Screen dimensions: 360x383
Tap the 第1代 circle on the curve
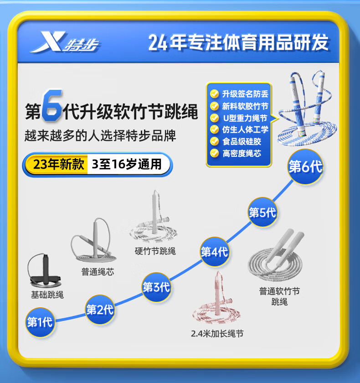[40, 322]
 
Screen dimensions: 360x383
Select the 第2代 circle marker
[99, 311]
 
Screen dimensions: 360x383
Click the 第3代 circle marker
[156, 287]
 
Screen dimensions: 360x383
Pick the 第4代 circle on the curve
[214, 251]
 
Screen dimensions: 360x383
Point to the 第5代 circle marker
[262, 212]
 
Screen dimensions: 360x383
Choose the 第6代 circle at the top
[305, 167]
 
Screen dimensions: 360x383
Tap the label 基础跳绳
[47, 295]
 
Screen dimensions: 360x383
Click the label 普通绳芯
[98, 272]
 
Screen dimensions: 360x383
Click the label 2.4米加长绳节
[217, 334]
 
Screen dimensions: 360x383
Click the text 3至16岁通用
[127, 164]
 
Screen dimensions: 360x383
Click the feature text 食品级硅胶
[242, 141]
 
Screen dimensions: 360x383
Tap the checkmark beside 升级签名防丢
[214, 94]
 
